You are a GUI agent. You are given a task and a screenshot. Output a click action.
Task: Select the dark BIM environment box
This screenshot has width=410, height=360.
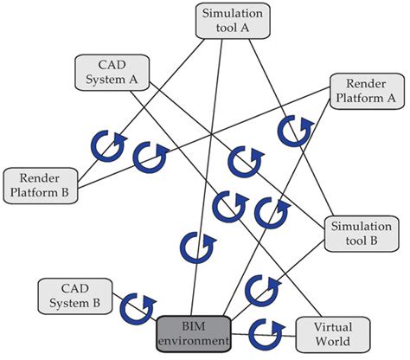[x=194, y=332]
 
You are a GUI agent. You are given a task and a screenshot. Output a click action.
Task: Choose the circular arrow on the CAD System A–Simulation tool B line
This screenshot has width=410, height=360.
[x=241, y=161]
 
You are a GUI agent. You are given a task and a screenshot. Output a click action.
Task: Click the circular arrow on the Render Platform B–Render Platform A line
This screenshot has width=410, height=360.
[x=151, y=157]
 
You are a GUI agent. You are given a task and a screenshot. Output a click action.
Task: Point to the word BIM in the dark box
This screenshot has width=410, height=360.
[x=194, y=325]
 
